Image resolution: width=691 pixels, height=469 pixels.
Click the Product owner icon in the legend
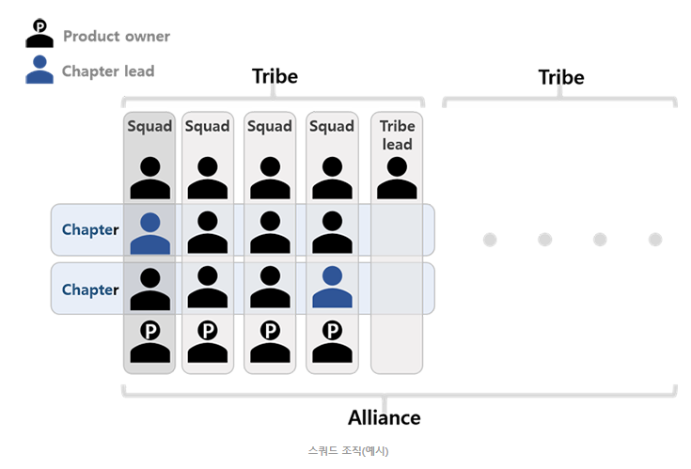click(39, 34)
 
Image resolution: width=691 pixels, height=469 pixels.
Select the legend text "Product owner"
click(117, 37)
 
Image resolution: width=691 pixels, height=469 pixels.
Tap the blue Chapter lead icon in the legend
click(39, 70)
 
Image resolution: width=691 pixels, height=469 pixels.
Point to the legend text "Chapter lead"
click(108, 70)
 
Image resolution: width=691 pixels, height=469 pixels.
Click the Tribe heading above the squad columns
click(275, 76)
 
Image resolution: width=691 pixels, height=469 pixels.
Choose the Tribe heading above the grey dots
click(561, 77)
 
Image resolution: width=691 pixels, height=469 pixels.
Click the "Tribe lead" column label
click(397, 135)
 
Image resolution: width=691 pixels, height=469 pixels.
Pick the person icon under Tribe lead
click(397, 178)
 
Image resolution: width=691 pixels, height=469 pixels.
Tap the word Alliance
click(384, 417)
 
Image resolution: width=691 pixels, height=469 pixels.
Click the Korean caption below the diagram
click(348, 451)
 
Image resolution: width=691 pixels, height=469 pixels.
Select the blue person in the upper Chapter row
click(150, 233)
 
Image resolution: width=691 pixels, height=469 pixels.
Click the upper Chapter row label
click(90, 229)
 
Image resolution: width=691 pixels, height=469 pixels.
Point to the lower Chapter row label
click(90, 289)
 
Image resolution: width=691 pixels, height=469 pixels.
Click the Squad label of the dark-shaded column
click(149, 126)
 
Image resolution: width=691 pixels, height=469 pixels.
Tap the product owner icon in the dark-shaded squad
click(150, 342)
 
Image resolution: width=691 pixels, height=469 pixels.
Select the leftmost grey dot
click(490, 240)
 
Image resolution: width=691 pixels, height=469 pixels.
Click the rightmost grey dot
click(655, 240)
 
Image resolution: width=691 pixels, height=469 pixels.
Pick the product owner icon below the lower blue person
click(332, 342)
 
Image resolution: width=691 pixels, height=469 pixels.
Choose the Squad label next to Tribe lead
click(332, 126)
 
